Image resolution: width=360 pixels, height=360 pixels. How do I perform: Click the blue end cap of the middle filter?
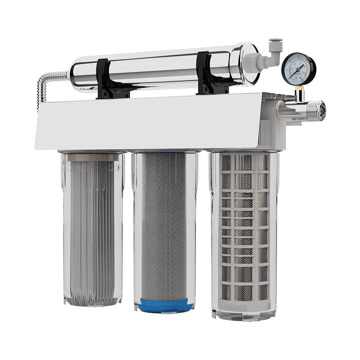point(164,306)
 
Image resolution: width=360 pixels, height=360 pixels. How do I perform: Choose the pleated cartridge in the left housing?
point(93,225)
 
